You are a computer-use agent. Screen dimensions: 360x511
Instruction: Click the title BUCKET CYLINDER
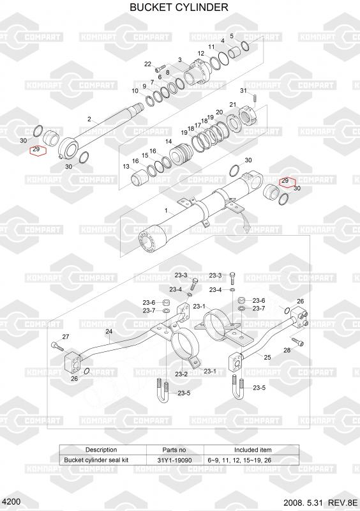tap(179, 7)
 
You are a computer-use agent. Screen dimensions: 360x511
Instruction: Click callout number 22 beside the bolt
tap(148, 64)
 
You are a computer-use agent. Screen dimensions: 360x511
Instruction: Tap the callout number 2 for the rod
tap(89, 119)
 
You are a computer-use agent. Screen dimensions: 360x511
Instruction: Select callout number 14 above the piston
tap(169, 141)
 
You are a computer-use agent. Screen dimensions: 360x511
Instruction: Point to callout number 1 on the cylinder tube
tap(166, 211)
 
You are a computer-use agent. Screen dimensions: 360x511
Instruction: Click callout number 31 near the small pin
tap(244, 90)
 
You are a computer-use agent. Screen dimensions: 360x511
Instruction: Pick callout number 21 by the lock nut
tap(232, 105)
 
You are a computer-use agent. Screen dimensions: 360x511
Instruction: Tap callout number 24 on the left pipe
tap(109, 332)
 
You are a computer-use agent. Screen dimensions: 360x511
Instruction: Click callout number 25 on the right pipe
tap(267, 357)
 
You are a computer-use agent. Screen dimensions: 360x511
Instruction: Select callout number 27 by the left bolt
tap(66, 337)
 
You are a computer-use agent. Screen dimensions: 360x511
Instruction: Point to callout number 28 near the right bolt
tap(287, 350)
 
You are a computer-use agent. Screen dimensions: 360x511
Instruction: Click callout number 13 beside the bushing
tap(126, 167)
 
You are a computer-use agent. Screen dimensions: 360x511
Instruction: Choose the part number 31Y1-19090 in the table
tap(174, 460)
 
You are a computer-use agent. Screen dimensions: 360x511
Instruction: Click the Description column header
tap(101, 450)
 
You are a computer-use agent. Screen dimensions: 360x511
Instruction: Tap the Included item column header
tap(253, 450)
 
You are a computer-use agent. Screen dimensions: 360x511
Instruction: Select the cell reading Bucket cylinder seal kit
tap(96, 460)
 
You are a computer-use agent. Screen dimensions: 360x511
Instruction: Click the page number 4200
tap(11, 501)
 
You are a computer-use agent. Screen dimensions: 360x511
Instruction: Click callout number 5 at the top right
tap(232, 36)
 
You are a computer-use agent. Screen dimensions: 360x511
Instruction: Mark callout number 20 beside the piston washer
tap(220, 112)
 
